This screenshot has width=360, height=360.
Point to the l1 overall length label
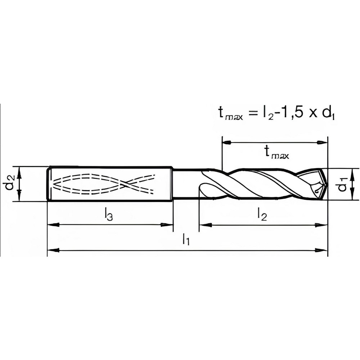coord(186,239)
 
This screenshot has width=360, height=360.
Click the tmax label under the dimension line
coord(277,153)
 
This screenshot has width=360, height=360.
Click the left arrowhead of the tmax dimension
coord(227,143)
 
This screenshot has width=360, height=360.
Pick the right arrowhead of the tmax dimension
coord(322,143)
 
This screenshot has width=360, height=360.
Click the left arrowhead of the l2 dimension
coord(204,225)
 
